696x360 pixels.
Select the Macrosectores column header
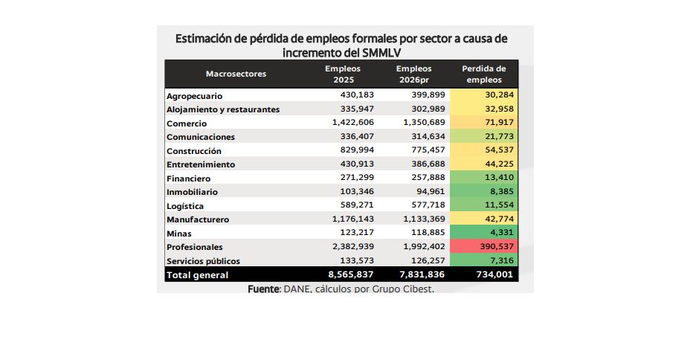click(236, 74)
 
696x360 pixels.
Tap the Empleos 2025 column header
click(343, 74)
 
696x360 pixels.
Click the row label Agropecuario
click(194, 96)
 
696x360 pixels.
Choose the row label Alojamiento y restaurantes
click(223, 109)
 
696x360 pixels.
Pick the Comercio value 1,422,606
click(347, 123)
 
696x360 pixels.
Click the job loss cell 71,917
click(499, 123)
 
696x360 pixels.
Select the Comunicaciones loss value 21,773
click(499, 137)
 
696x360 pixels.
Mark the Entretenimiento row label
click(201, 164)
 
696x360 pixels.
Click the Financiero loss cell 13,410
click(499, 179)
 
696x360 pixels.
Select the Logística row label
click(185, 206)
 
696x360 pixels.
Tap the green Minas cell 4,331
click(502, 234)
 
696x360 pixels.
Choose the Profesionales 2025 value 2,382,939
click(347, 247)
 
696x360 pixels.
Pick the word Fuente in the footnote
click(263, 289)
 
